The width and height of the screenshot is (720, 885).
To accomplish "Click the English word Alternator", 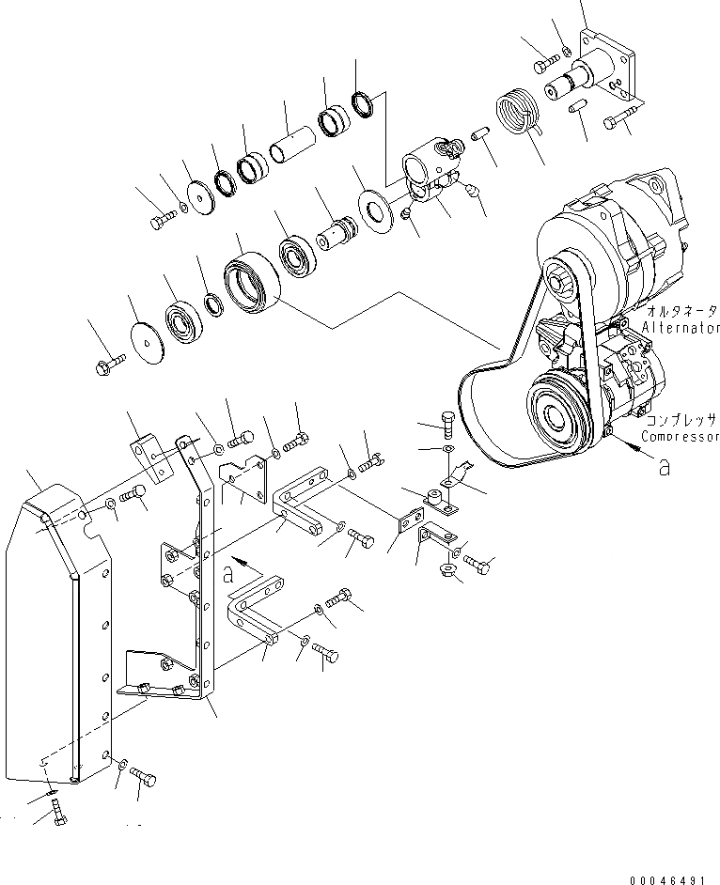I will point(682,328).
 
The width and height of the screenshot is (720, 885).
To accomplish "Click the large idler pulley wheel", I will point(251,281).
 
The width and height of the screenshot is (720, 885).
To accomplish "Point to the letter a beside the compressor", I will point(665,465).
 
